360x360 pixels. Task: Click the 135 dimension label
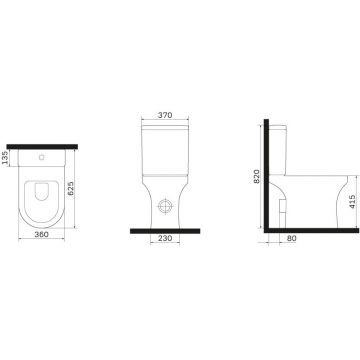5,157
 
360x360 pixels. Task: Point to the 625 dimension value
71,188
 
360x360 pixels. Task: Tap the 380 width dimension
41,234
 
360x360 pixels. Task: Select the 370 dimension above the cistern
165,115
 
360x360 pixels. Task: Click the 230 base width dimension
165,238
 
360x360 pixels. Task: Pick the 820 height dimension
256,176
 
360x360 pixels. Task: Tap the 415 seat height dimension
353,202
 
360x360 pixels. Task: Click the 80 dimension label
291,239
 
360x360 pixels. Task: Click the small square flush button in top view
41,157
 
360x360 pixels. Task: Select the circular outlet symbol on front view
165,206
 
